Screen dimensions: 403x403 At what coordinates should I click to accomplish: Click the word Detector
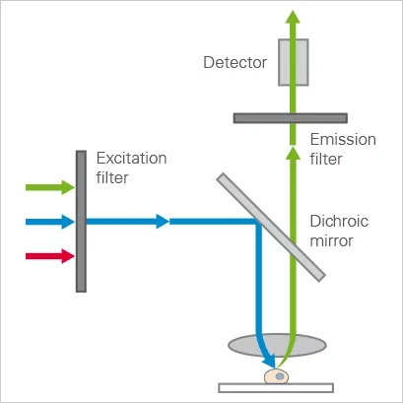point(235,62)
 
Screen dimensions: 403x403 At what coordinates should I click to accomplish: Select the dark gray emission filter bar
point(291,118)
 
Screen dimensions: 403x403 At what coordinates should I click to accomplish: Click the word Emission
point(343,139)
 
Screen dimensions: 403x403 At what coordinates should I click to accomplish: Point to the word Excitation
point(131,159)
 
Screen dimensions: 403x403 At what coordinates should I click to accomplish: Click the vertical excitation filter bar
point(81,222)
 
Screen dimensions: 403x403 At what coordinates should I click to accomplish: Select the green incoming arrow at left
point(50,187)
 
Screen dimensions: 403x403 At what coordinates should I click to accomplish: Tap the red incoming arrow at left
point(50,256)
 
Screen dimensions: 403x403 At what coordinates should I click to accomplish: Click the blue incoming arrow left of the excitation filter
point(50,222)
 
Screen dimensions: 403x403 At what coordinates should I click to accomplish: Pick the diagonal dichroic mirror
point(271,228)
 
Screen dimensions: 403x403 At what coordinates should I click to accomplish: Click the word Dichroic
point(339,221)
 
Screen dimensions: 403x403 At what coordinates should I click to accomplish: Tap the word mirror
point(331,241)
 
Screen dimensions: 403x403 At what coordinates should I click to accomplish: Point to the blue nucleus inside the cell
point(279,376)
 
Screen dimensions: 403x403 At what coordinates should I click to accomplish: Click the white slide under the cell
point(276,388)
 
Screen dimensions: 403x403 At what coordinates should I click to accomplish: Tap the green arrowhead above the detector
point(293,17)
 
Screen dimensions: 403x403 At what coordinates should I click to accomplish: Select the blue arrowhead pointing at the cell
point(270,363)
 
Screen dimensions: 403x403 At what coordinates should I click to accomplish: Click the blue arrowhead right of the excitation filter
point(163,222)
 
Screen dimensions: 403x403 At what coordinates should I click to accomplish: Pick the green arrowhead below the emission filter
point(293,153)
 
